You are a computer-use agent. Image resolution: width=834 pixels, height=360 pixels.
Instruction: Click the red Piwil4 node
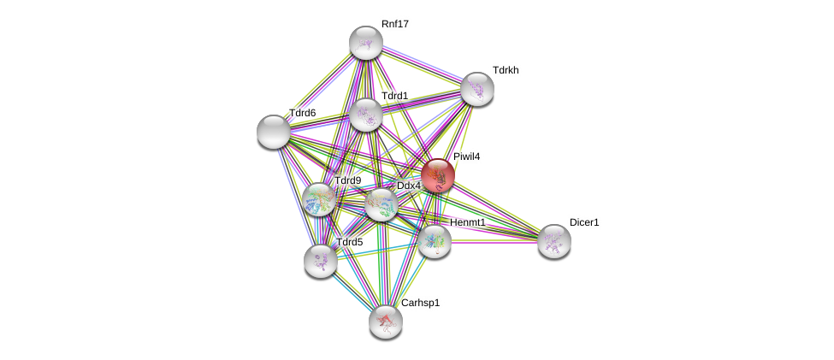pyautogui.click(x=438, y=175)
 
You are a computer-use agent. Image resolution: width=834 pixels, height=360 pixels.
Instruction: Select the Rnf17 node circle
pyautogui.click(x=366, y=43)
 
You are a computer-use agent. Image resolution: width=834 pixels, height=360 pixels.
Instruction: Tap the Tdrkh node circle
pyautogui.click(x=476, y=88)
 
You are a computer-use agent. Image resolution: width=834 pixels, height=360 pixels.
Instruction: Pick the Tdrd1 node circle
pyautogui.click(x=366, y=115)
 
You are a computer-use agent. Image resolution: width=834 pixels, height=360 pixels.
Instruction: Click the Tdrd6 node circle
pyautogui.click(x=274, y=131)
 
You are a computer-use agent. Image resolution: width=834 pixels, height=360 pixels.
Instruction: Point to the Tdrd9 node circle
pyautogui.click(x=318, y=199)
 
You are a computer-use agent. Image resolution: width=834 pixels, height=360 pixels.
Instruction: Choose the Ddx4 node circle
pyautogui.click(x=381, y=204)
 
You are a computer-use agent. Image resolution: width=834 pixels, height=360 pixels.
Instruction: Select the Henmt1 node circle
pyautogui.click(x=435, y=240)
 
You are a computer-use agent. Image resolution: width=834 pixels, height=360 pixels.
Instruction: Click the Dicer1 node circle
pyautogui.click(x=554, y=240)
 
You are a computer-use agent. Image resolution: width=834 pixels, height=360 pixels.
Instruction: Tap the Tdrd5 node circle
pyautogui.click(x=320, y=260)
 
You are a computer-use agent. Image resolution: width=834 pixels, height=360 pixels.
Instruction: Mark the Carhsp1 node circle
pyautogui.click(x=385, y=321)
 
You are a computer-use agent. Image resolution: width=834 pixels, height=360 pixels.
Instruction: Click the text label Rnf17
pyautogui.click(x=395, y=24)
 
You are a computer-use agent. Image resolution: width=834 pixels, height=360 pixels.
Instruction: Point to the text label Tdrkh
pyautogui.click(x=506, y=70)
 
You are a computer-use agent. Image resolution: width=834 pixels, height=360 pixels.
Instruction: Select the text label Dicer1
pyautogui.click(x=584, y=222)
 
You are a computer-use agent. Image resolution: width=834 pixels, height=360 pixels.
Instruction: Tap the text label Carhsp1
pyautogui.click(x=420, y=303)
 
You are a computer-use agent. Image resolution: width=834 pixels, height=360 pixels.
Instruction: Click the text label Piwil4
pyautogui.click(x=468, y=156)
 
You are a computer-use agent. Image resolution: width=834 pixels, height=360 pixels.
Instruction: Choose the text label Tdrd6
pyautogui.click(x=302, y=113)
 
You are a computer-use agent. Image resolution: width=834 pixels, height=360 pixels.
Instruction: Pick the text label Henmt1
pyautogui.click(x=467, y=223)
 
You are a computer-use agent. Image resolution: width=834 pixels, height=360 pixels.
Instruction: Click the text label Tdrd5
pyautogui.click(x=349, y=242)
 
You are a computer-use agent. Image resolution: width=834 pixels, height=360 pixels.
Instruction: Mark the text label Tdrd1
pyautogui.click(x=394, y=96)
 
